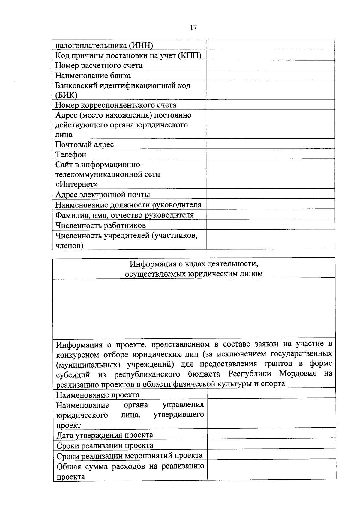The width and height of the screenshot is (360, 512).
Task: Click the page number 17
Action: click(x=193, y=28)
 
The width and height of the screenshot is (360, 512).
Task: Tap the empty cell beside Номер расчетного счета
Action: click(x=270, y=65)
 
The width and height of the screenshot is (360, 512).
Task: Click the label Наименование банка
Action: click(x=93, y=75)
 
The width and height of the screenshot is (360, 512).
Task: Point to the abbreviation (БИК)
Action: click(x=66, y=95)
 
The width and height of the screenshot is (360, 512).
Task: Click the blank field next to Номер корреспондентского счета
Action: click(x=270, y=105)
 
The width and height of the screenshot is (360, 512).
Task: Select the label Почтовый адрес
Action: click(x=85, y=144)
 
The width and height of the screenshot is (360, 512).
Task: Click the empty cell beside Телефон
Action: click(x=270, y=154)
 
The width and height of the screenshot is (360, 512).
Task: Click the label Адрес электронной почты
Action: click(x=103, y=195)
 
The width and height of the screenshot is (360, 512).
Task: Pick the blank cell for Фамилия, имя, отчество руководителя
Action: click(x=270, y=215)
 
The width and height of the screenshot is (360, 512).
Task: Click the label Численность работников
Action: click(x=101, y=225)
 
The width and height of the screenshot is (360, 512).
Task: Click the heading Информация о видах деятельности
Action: click(x=194, y=264)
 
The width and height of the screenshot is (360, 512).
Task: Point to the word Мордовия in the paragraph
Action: click(x=297, y=374)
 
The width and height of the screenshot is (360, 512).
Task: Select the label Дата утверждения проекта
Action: click(x=105, y=435)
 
